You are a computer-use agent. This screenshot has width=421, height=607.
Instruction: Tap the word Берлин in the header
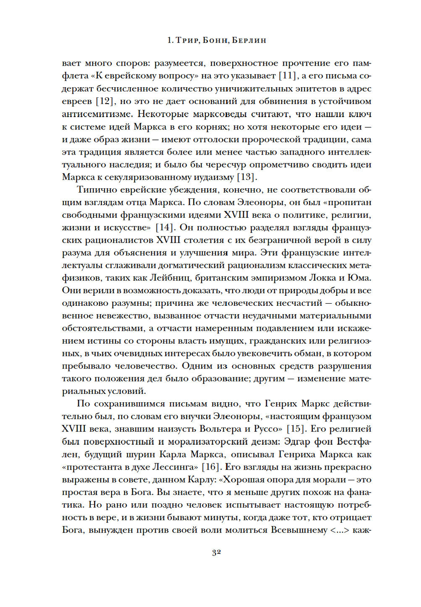point(249,40)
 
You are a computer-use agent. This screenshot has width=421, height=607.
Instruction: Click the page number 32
point(216,552)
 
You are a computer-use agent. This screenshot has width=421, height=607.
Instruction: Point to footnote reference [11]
point(288,76)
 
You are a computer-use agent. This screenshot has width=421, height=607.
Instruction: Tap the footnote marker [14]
point(165,227)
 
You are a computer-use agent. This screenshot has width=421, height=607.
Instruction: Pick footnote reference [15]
point(295,429)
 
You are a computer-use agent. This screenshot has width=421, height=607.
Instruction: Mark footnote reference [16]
point(212,467)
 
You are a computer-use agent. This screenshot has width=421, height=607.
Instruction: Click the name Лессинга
point(175,467)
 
